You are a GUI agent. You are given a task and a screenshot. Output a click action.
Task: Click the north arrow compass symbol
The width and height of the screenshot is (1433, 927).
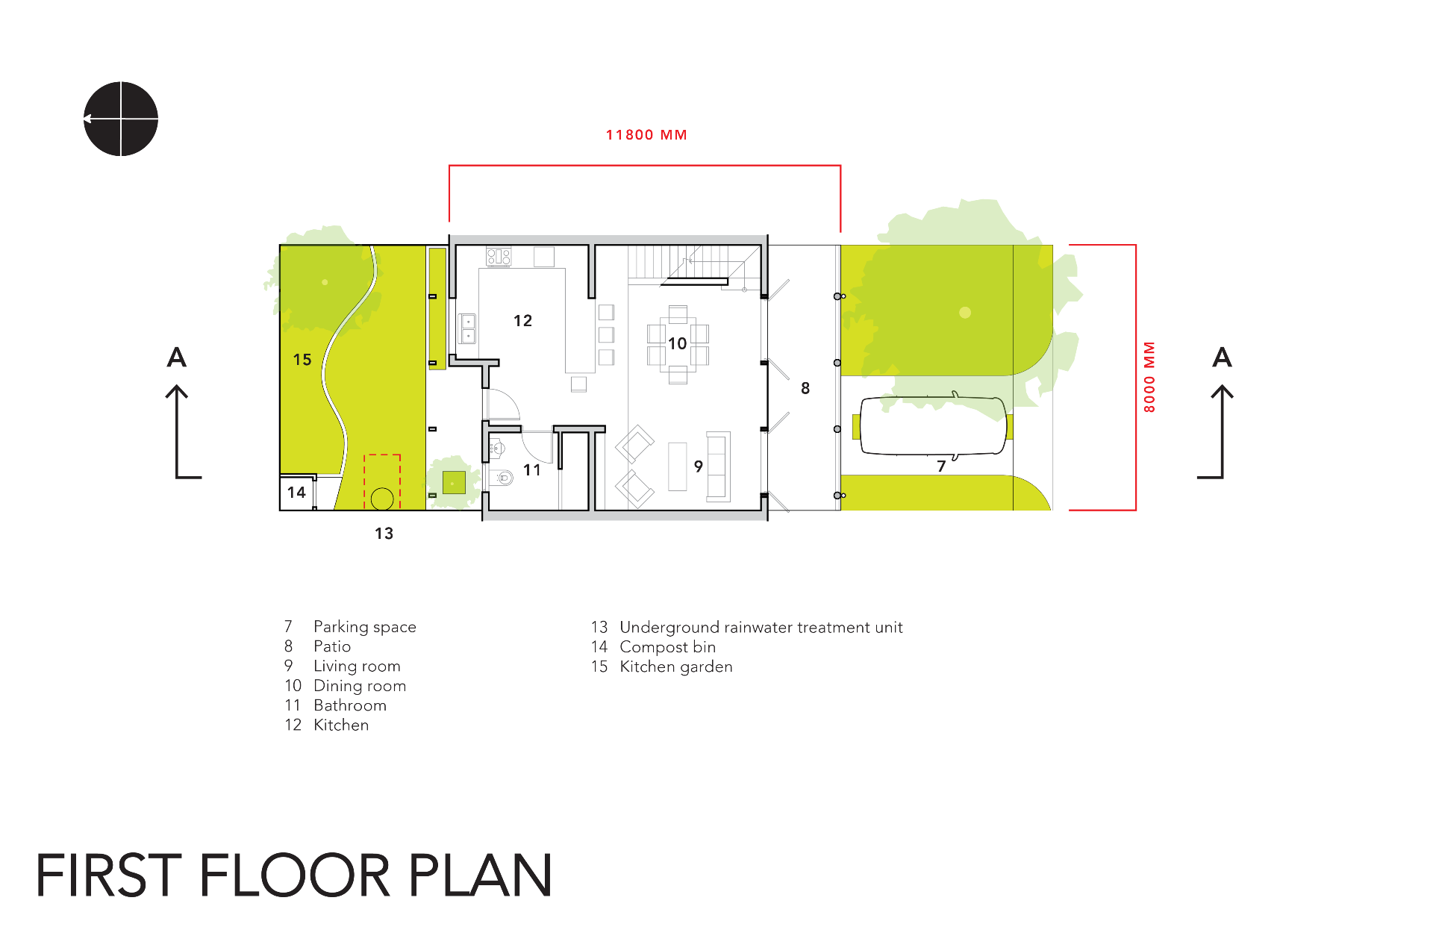(x=121, y=119)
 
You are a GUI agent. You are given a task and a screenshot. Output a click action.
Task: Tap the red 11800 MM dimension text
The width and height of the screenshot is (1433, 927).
(x=646, y=135)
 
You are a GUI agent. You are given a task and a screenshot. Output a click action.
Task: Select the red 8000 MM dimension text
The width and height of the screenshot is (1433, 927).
(x=1149, y=377)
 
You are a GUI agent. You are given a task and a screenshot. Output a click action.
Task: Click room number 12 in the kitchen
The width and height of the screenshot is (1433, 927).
(x=522, y=321)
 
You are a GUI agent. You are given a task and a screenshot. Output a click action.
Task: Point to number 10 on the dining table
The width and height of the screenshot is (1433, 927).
(x=677, y=343)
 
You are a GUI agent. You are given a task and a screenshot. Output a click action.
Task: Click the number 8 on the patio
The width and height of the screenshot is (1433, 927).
(x=805, y=388)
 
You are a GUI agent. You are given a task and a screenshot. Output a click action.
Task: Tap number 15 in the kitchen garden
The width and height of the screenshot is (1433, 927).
(x=302, y=360)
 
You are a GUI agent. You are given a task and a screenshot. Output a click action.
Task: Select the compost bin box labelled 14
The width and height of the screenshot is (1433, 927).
(x=297, y=493)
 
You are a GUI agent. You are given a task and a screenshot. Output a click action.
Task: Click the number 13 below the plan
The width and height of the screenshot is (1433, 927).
(x=384, y=534)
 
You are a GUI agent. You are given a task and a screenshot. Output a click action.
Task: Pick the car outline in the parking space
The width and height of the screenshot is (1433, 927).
(x=933, y=425)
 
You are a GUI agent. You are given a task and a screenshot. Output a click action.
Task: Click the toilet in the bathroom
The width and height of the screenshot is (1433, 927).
(x=503, y=478)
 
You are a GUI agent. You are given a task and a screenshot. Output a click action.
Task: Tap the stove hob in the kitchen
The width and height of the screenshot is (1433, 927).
(x=499, y=257)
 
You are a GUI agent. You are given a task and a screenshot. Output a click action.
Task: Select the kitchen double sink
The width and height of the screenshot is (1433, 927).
(x=467, y=328)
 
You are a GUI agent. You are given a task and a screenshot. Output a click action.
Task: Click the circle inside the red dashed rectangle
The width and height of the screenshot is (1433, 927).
(x=382, y=499)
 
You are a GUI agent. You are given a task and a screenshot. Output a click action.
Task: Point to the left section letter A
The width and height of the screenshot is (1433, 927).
(x=177, y=358)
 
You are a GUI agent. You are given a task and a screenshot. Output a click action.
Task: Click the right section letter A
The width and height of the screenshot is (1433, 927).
(x=1222, y=358)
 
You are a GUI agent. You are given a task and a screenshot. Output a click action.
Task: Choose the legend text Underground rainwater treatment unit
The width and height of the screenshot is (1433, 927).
(x=761, y=627)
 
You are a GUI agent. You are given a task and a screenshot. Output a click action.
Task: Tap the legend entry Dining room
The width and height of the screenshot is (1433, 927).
(x=360, y=686)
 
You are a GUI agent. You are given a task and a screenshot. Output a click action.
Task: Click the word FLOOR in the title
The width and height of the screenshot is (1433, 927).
(x=295, y=875)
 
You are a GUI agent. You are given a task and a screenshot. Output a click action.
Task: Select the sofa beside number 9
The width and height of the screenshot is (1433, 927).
(x=718, y=466)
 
